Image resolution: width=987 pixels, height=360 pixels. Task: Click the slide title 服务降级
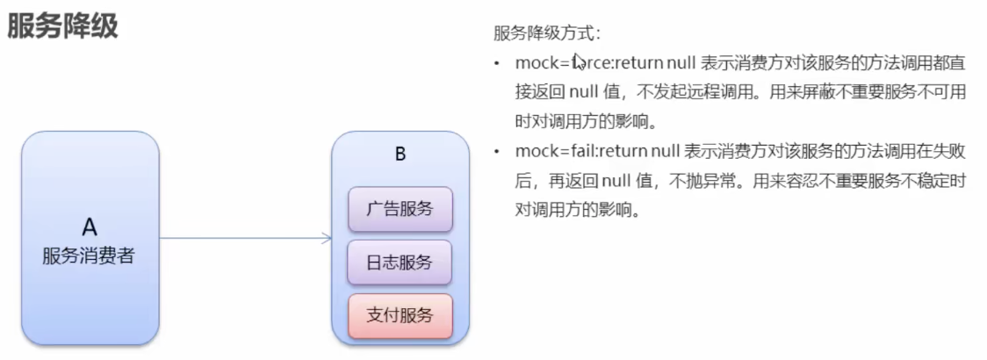(62, 26)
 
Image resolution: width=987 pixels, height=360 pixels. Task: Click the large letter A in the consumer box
(90, 228)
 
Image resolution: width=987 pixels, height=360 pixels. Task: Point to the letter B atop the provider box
(400, 154)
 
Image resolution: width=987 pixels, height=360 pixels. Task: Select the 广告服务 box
(400, 208)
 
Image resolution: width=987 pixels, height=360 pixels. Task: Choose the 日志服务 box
(400, 262)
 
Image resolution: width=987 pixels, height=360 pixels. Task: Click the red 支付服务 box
(400, 315)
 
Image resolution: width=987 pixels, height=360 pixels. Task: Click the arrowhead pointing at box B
(327, 237)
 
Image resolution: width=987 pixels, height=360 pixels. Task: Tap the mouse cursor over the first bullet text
(578, 61)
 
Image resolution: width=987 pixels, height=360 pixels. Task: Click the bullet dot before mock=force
(498, 64)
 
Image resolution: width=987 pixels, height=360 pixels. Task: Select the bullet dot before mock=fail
(498, 153)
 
